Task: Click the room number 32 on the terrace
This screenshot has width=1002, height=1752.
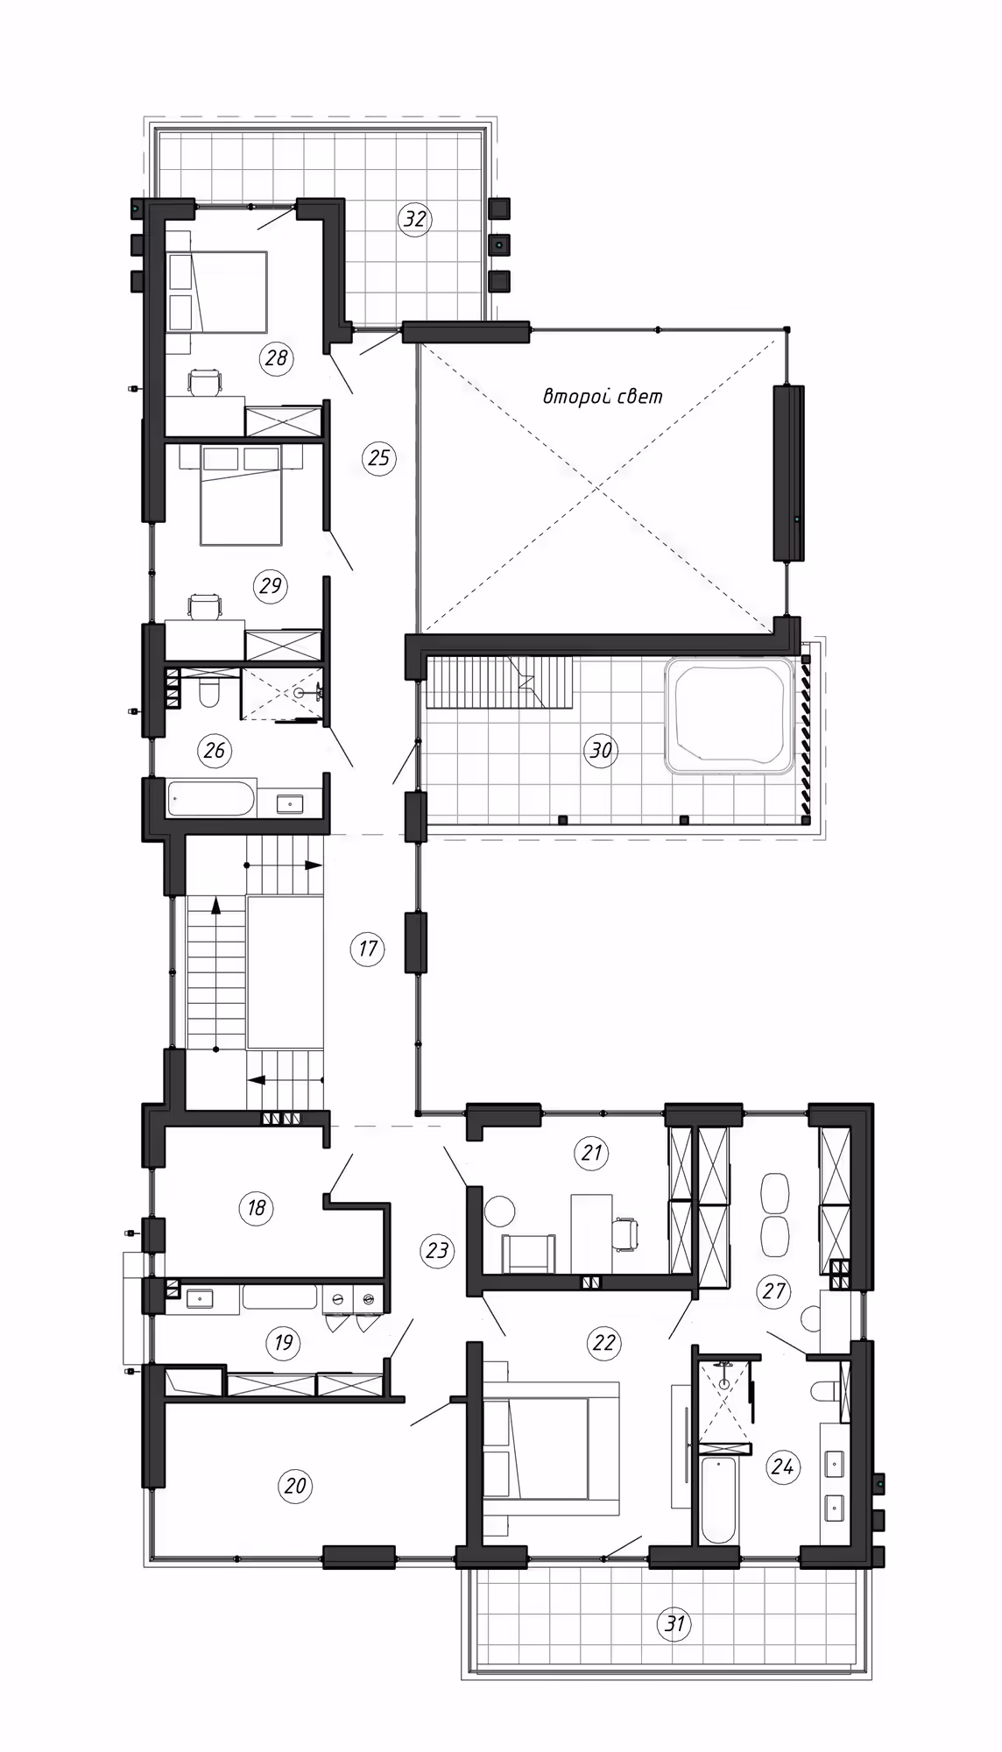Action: [414, 218]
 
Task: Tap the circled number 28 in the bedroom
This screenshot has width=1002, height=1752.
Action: [276, 357]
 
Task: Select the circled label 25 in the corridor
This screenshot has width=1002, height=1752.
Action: [379, 458]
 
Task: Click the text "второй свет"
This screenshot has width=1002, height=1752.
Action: [603, 396]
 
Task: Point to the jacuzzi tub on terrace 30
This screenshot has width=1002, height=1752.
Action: [730, 716]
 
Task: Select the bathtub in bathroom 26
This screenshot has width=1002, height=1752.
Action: [212, 798]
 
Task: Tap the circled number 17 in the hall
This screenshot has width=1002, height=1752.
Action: [368, 948]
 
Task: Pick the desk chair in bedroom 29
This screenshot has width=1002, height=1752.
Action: [206, 606]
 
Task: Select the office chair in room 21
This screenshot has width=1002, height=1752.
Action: [624, 1232]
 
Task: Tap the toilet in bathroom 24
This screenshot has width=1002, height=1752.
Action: [822, 1392]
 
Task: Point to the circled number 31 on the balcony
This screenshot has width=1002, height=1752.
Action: [674, 1623]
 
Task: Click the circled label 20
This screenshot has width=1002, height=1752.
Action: [295, 1485]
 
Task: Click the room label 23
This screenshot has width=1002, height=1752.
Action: [437, 1250]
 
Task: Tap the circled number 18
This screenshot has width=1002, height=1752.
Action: [256, 1208]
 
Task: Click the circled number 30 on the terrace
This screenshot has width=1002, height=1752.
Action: [601, 751]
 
